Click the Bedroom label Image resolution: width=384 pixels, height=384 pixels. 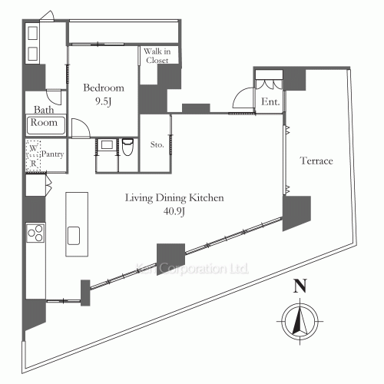[x=104, y=88]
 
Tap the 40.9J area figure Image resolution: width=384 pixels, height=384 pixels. [x=174, y=211]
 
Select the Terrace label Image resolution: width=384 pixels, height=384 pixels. [x=316, y=161]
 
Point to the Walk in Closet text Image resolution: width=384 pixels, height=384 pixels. [x=157, y=56]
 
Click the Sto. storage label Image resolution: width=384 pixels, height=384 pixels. [x=157, y=144]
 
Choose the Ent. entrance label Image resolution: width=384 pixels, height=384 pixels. [x=270, y=102]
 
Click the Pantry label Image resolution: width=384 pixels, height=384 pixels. [x=52, y=154]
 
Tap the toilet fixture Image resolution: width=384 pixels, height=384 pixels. [x=127, y=147]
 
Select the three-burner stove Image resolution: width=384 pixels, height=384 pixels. [x=35, y=233]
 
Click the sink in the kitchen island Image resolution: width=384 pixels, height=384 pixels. [x=74, y=236]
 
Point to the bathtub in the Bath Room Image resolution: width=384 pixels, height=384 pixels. [x=46, y=125]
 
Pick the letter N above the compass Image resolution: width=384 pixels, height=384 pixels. [x=300, y=286]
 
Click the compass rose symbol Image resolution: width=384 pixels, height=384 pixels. [x=300, y=321]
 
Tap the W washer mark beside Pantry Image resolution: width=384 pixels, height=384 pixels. [x=33, y=148]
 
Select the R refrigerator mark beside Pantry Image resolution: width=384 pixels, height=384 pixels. [x=34, y=164]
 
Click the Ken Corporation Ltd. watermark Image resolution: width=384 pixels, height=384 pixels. [x=192, y=269]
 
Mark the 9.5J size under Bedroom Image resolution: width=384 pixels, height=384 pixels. [x=104, y=101]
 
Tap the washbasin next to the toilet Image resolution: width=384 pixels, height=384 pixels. [x=107, y=145]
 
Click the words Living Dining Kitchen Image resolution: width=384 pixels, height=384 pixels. [x=174, y=198]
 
